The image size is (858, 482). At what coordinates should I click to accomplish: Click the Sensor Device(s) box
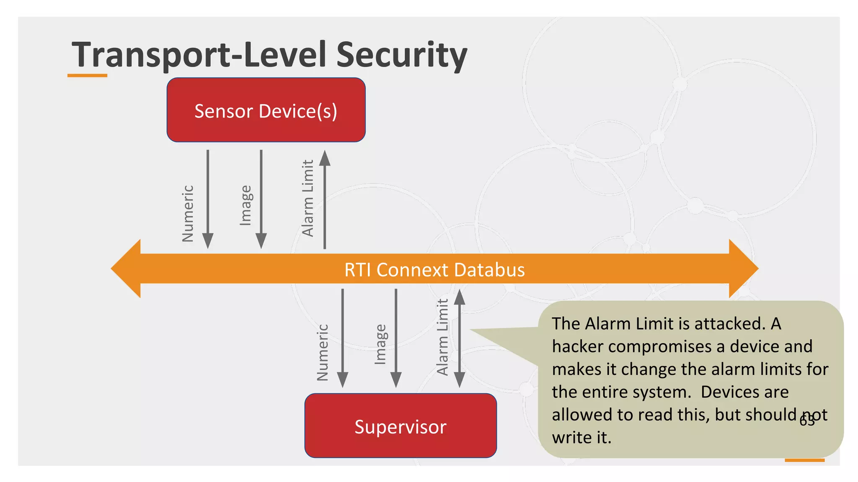[x=266, y=110]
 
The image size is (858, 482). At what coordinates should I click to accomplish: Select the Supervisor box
[x=401, y=426]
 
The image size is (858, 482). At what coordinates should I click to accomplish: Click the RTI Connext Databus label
[x=434, y=269]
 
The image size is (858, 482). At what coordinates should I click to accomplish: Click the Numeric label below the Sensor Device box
[x=188, y=213]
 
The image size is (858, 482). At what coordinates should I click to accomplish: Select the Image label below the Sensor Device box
[x=246, y=205]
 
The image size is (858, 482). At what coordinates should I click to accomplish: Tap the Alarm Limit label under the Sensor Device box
[x=308, y=198]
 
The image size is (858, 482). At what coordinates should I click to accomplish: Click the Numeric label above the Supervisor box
[x=322, y=352]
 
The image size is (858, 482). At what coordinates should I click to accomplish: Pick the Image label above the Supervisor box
[x=380, y=344]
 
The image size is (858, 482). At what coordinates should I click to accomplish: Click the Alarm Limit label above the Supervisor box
[x=442, y=337]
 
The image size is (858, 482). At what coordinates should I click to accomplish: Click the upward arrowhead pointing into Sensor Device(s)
[x=325, y=158]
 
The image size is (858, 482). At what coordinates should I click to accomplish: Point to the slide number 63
[x=807, y=420]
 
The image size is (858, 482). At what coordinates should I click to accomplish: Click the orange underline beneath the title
[x=87, y=76]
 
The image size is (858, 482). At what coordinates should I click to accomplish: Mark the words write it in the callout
[x=581, y=437]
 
